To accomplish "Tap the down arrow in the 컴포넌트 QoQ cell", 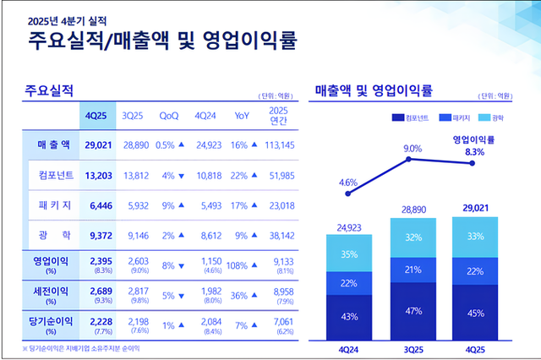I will point(180,175).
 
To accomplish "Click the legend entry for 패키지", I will point(450,118).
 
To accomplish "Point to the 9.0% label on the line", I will point(412,149).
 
